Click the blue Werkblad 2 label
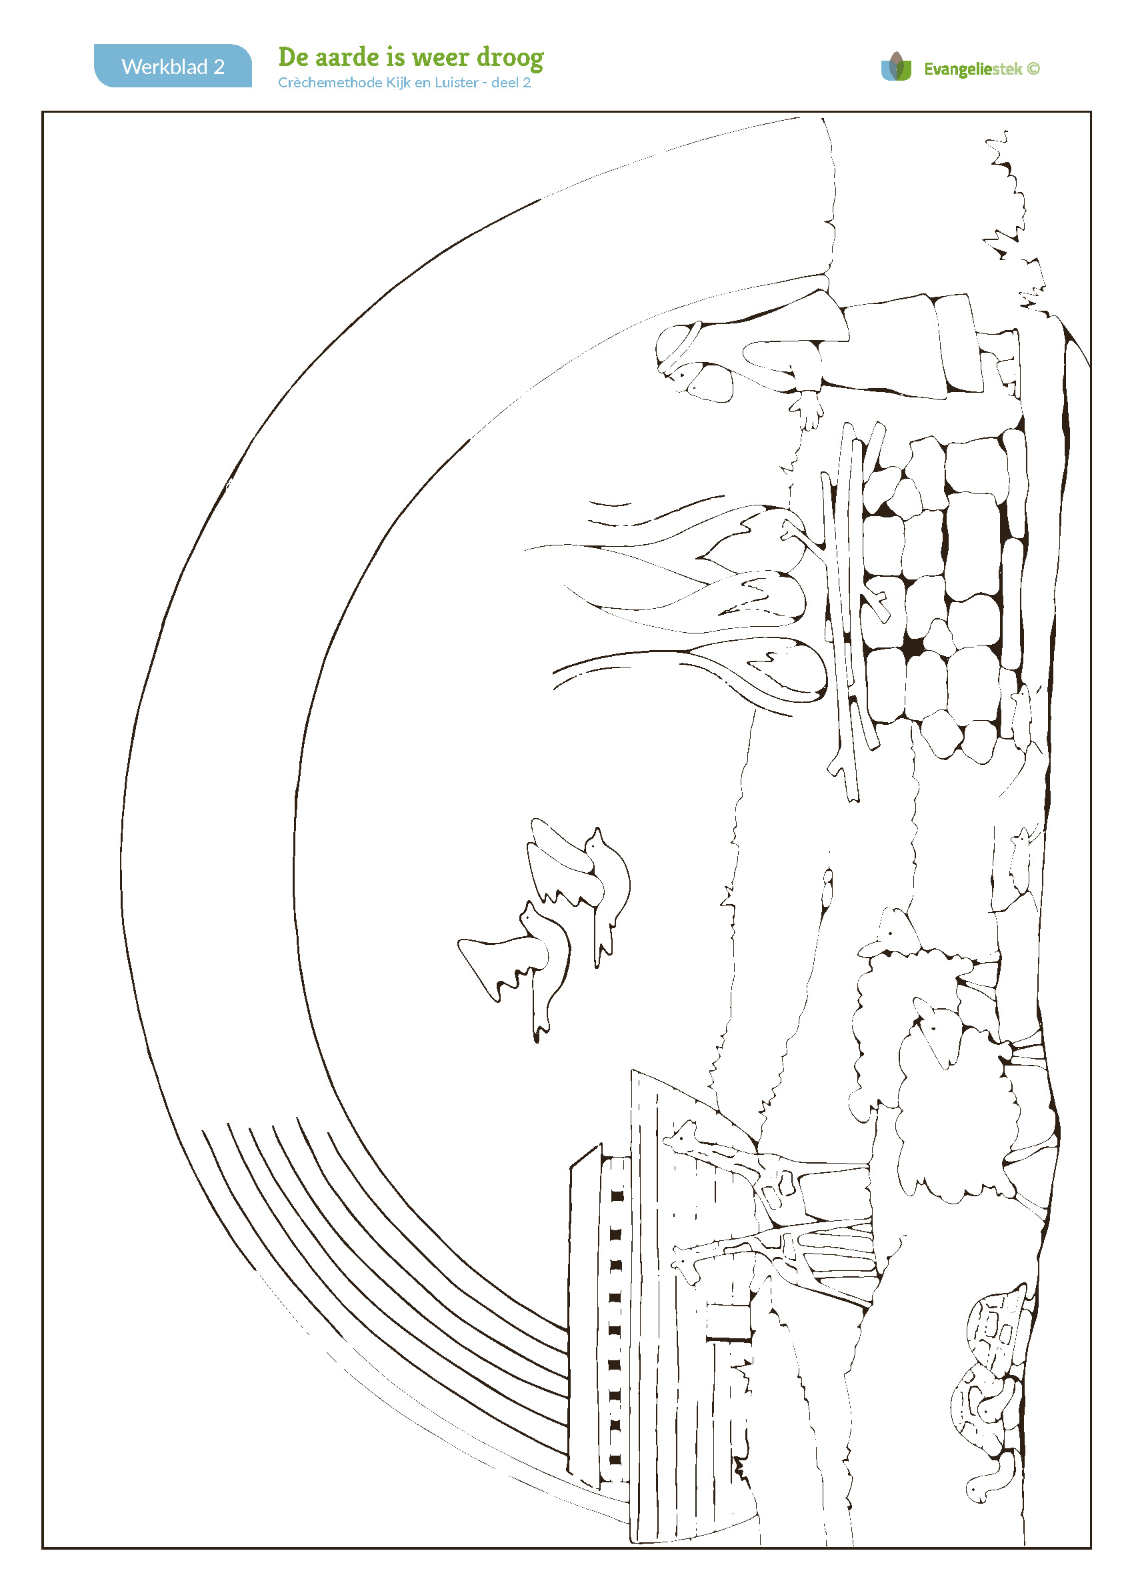(x=173, y=65)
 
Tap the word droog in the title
(x=511, y=59)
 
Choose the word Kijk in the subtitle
(x=398, y=83)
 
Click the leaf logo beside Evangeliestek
(x=897, y=67)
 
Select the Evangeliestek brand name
(x=973, y=69)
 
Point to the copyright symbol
(x=1033, y=69)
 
